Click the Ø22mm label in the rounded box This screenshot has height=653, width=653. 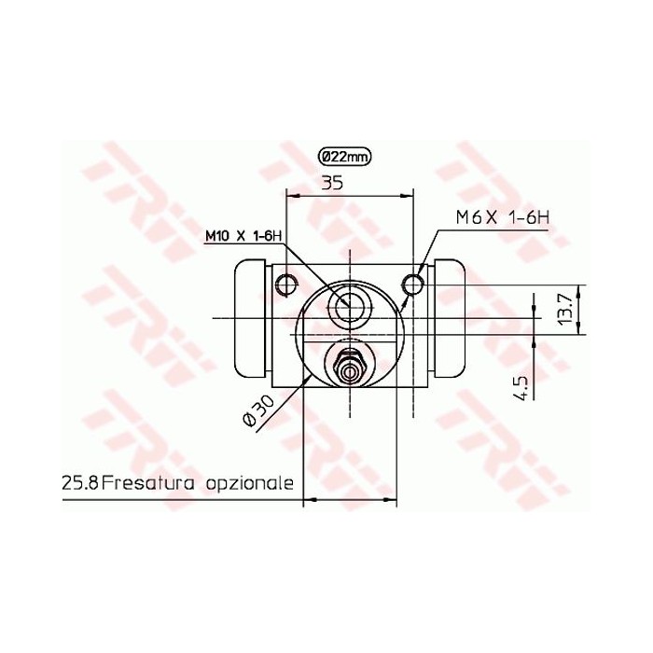click(x=344, y=157)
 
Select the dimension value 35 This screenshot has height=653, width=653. click(x=333, y=184)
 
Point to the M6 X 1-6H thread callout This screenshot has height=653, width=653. click(x=503, y=217)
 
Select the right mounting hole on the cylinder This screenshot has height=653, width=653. click(x=413, y=283)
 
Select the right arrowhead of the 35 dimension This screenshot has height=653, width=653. click(x=408, y=196)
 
